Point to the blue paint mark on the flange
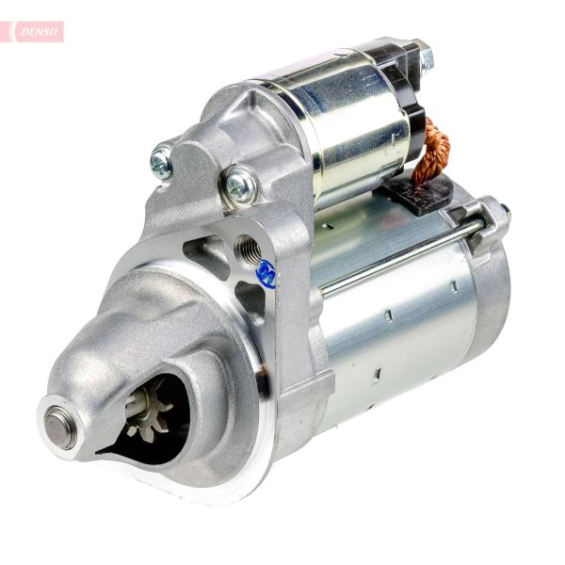point(266,274)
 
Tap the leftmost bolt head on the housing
point(162,162)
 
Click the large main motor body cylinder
point(395,320)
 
